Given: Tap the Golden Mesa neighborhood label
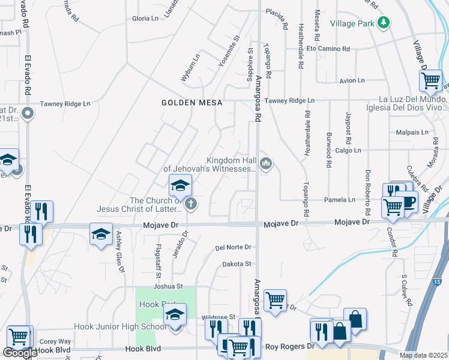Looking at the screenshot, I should coord(191,103).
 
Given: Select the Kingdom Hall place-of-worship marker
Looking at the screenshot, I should coord(265,163).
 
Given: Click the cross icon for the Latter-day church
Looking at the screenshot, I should coord(191,204).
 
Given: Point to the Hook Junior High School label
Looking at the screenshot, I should coord(119,327).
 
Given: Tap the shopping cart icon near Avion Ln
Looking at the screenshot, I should coord(430,80).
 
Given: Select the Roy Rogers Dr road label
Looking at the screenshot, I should coord(289,346).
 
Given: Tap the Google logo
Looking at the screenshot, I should coord(20,353).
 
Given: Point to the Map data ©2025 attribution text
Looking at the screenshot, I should coord(423,355).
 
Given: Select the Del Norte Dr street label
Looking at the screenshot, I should coord(233,247).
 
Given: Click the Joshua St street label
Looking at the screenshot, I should coord(167,287).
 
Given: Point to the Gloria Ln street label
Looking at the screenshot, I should coord(145,19).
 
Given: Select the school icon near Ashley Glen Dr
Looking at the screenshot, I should coord(101,235).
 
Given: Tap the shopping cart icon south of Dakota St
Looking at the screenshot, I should coord(275,300).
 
